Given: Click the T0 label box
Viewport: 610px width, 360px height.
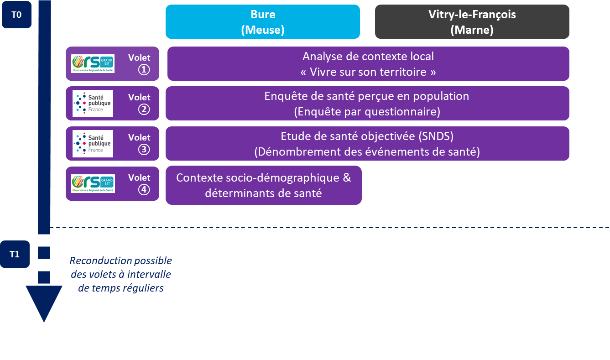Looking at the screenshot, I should coord(16,15).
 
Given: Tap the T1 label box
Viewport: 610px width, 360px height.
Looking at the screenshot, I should coord(15,254).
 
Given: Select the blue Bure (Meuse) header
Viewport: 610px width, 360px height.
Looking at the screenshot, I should coord(263,22).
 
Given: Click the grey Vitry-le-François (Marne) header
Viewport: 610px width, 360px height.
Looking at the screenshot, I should coord(472,22).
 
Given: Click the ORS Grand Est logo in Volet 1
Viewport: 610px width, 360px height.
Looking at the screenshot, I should coord(93,64).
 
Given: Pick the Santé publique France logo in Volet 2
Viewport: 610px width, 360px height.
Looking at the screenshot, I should coord(93,103).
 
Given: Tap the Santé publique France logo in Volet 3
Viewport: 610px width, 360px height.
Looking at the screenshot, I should coord(93,143).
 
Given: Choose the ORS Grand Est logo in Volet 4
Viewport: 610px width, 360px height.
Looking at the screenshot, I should coord(93,183).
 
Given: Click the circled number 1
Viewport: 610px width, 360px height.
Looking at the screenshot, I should coord(144,69).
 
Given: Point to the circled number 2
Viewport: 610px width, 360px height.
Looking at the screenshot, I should coord(144,110).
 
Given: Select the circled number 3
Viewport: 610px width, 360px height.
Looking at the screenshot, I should coord(144,149).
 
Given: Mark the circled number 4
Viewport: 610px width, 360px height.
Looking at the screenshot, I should coord(144,189).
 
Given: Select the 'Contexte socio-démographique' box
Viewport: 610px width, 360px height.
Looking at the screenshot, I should coord(263,185).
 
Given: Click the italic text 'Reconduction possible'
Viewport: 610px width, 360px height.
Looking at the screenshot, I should coord(120,261).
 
